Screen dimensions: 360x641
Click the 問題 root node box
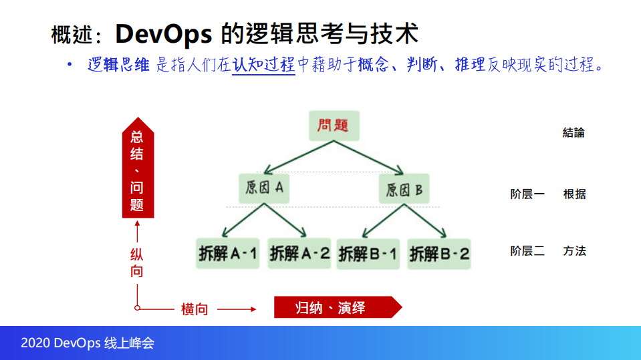pos(334,126)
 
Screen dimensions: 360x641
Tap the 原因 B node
pos(404,189)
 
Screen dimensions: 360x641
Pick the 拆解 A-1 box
pos(228,254)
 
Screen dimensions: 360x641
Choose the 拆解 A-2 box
pos(299,254)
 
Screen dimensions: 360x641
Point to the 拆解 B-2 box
pos(439,254)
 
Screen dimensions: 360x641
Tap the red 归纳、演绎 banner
pos(334,307)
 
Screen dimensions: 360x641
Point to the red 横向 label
pos(195,309)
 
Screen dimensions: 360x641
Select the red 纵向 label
pos(136,263)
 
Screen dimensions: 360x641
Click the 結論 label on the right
pos(573,133)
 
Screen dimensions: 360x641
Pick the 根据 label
pos(574,194)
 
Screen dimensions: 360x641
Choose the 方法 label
pos(574,251)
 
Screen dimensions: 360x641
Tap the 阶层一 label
pos(527,194)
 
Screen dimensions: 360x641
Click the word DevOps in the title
pos(164,32)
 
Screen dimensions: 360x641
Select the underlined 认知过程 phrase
pos(263,65)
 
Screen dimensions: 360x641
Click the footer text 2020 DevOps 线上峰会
pos(88,343)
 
